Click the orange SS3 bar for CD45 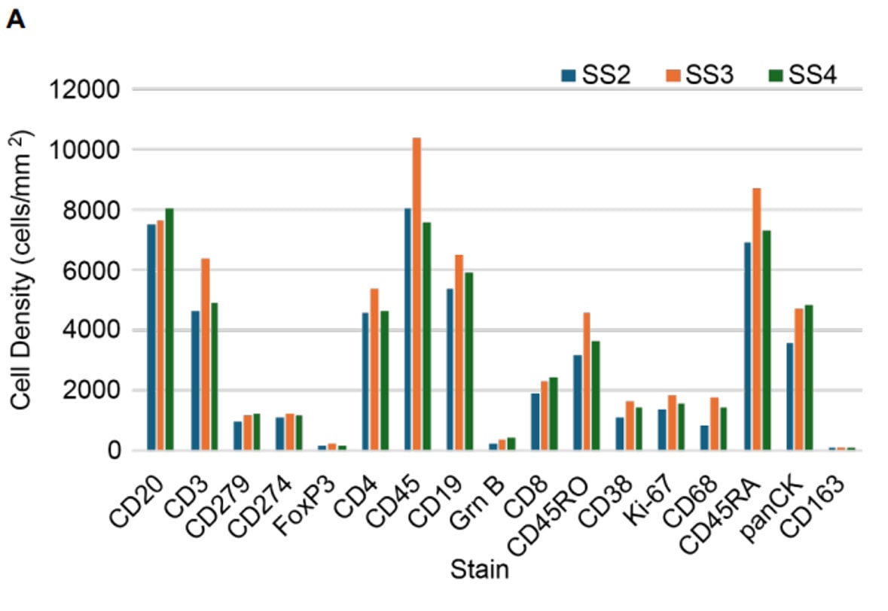pos(417,293)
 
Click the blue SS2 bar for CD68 pos(703,438)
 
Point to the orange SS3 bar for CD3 pos(204,354)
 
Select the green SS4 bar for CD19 pos(468,361)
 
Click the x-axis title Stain pos(479,570)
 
